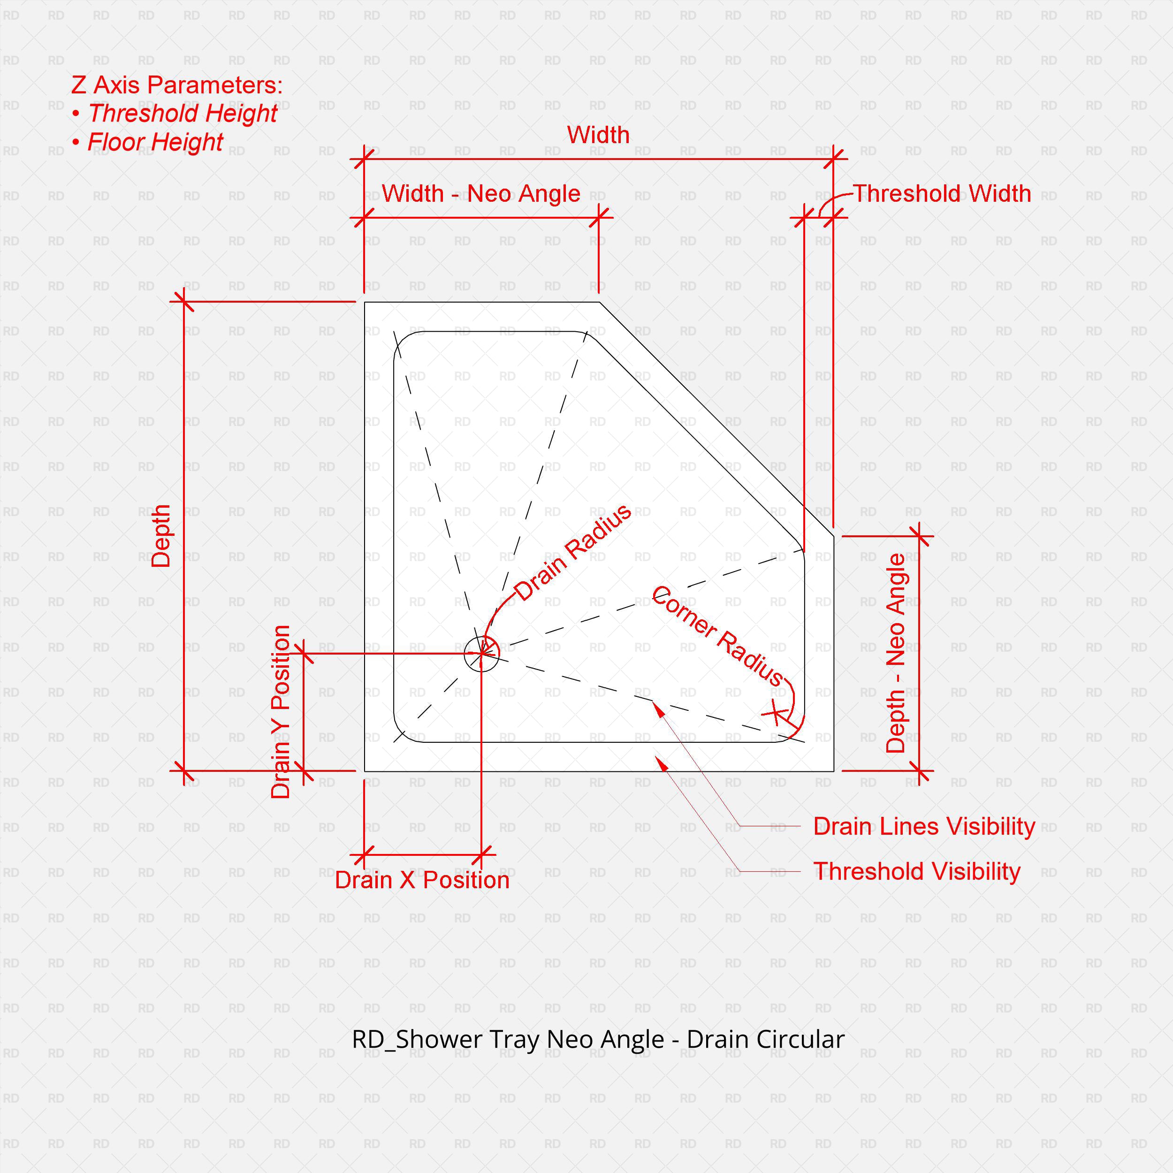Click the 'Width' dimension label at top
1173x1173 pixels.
[598, 135]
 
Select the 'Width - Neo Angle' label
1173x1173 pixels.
[481, 194]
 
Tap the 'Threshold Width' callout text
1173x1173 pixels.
[942, 194]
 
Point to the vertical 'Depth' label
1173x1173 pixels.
[161, 536]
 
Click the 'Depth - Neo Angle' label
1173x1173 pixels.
[896, 653]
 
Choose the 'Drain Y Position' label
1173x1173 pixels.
[281, 712]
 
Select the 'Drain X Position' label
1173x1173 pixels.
[422, 880]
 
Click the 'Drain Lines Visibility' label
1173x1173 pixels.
[923, 826]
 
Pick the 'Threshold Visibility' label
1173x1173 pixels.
[916, 871]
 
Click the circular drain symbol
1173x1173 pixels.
[481, 654]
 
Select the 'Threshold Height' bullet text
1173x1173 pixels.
[182, 114]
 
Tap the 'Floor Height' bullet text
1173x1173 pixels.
[155, 142]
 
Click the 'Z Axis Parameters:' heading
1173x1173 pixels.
[177, 85]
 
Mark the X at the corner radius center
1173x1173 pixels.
[775, 712]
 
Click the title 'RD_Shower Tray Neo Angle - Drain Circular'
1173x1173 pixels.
[598, 1039]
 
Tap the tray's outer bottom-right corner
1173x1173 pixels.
[834, 771]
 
